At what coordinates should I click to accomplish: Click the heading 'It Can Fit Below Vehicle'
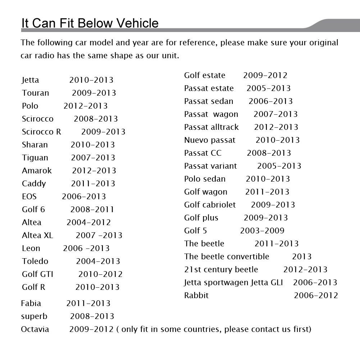[90, 23]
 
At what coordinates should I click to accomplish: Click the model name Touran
[35, 93]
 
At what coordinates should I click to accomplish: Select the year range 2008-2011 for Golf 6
[92, 210]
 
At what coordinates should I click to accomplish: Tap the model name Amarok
[37, 171]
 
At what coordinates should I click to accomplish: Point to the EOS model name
[29, 197]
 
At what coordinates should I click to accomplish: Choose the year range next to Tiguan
[93, 158]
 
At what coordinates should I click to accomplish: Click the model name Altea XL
[37, 236]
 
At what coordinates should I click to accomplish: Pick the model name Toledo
[35, 261]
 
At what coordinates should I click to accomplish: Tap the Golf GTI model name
[37, 274]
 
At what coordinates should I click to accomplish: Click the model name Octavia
[35, 329]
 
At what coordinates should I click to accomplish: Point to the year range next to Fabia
[88, 304]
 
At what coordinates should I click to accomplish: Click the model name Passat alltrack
[211, 127]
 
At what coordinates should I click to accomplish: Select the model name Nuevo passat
[210, 140]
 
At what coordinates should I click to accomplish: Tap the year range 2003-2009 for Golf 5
[262, 231]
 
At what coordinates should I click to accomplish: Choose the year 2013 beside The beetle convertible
[301, 257]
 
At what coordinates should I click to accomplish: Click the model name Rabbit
[196, 296]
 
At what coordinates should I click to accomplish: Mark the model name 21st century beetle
[221, 270]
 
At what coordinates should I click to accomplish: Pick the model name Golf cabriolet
[210, 205]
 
